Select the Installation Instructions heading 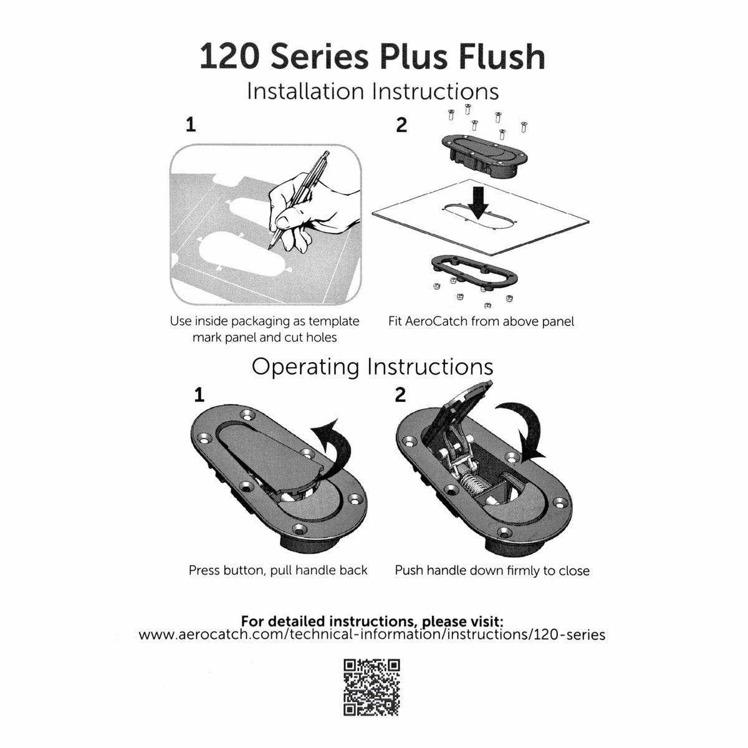click(373, 91)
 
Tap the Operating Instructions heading click(372, 366)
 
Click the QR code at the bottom click(372, 687)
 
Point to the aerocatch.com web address click(372, 635)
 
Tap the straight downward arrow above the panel click(478, 201)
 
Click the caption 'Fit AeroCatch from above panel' click(481, 322)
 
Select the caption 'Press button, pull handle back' click(278, 570)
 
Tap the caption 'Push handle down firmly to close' click(492, 570)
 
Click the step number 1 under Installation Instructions click(191, 125)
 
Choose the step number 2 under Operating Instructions click(400, 395)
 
